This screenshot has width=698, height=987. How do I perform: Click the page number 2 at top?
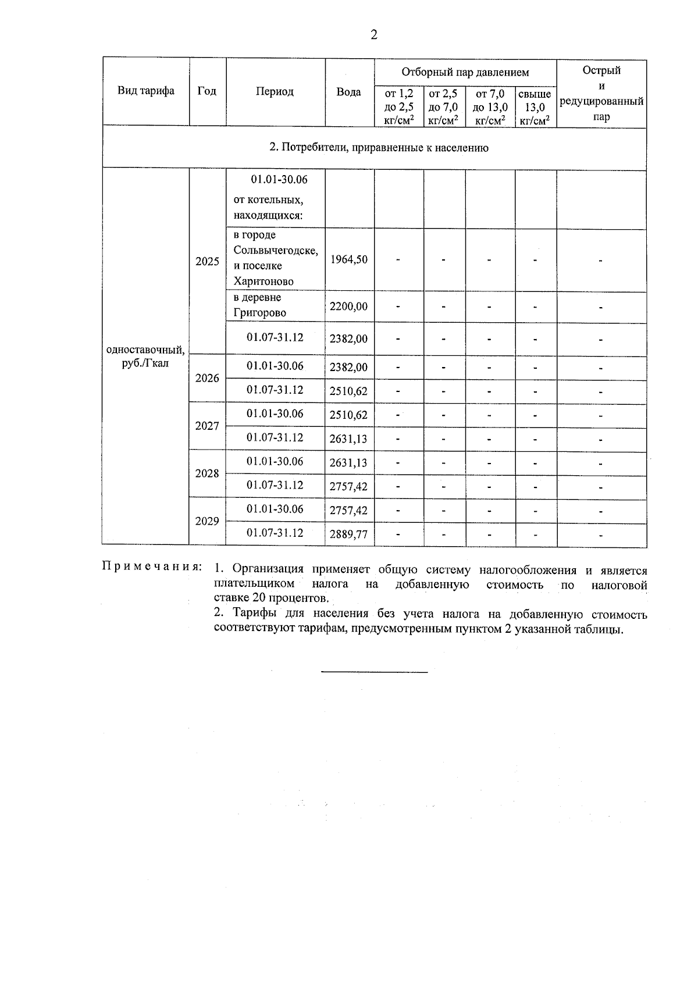[x=374, y=35]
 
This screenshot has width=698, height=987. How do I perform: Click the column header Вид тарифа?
[x=146, y=91]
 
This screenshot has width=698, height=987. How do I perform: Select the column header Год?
[x=207, y=91]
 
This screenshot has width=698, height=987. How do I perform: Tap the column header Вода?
[x=349, y=92]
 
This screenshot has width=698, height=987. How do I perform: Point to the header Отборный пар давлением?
[x=465, y=73]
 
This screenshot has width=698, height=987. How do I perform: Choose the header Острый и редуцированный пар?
[x=601, y=93]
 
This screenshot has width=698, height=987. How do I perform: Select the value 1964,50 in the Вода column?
[x=349, y=259]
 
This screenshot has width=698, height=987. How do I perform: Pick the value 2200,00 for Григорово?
[x=349, y=307]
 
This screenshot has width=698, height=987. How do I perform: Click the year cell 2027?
[x=207, y=426]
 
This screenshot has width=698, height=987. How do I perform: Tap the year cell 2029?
[x=207, y=521]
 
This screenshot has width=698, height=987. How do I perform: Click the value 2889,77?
[x=349, y=534]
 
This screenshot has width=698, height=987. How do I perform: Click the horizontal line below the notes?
[x=374, y=672]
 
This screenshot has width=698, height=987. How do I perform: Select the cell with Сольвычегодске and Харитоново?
[x=275, y=258]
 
